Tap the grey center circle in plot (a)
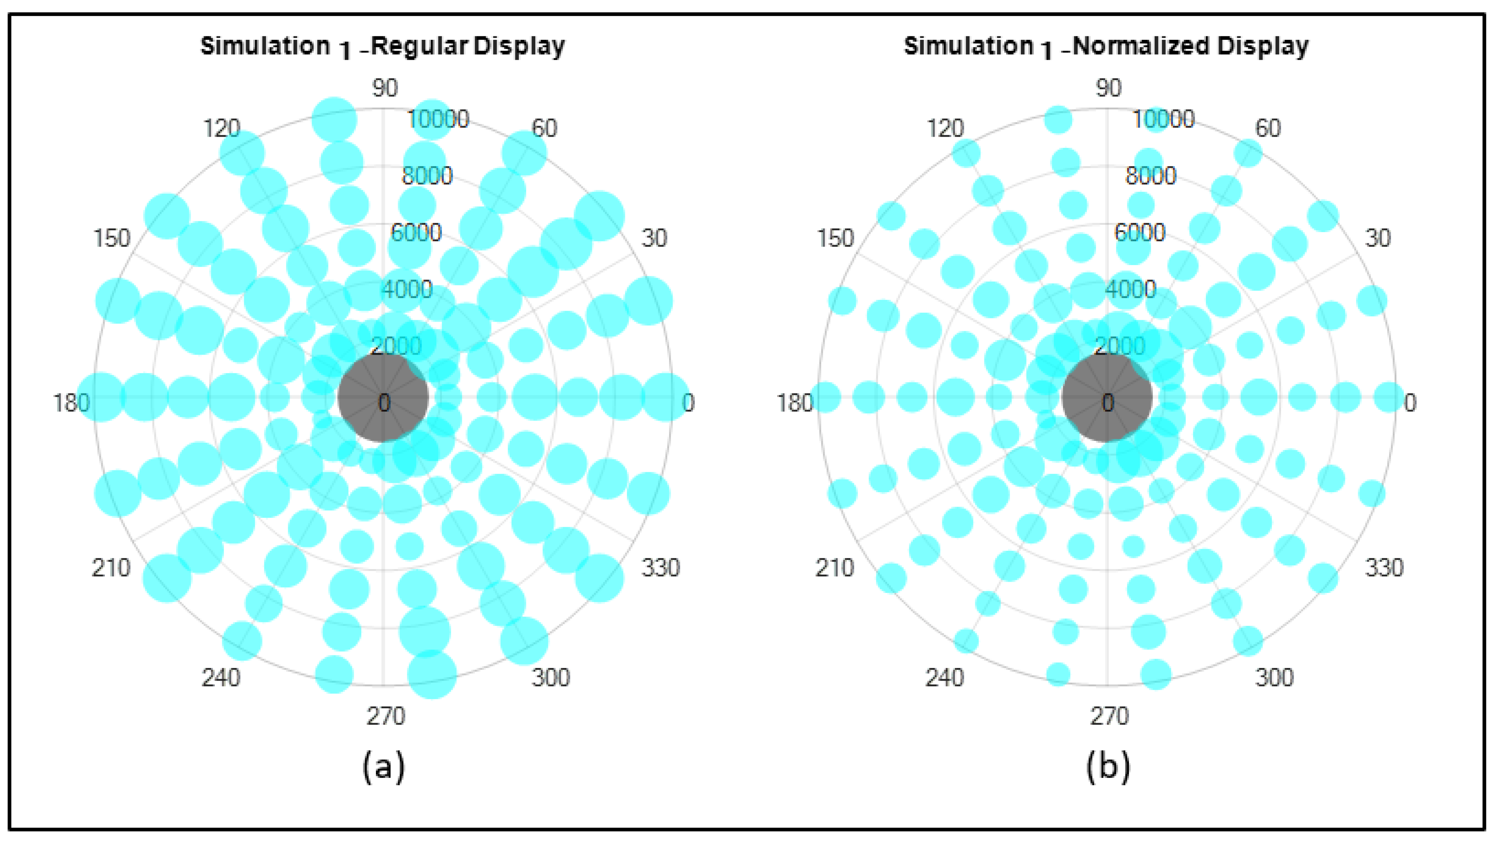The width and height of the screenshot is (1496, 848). [x=383, y=397]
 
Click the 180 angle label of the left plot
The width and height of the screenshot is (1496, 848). [x=71, y=403]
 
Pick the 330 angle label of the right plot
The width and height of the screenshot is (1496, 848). [x=1384, y=567]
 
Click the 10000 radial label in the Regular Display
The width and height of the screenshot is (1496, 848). [x=438, y=120]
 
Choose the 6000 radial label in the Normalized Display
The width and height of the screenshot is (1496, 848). [x=1140, y=232]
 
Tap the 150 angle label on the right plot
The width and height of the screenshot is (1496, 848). [x=835, y=238]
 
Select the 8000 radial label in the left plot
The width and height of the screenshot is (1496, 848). [x=427, y=176]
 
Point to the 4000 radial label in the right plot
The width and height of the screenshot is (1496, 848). [x=1131, y=290]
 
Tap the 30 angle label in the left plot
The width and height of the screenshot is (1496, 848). [x=654, y=238]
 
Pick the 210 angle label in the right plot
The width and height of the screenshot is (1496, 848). [x=834, y=567]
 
